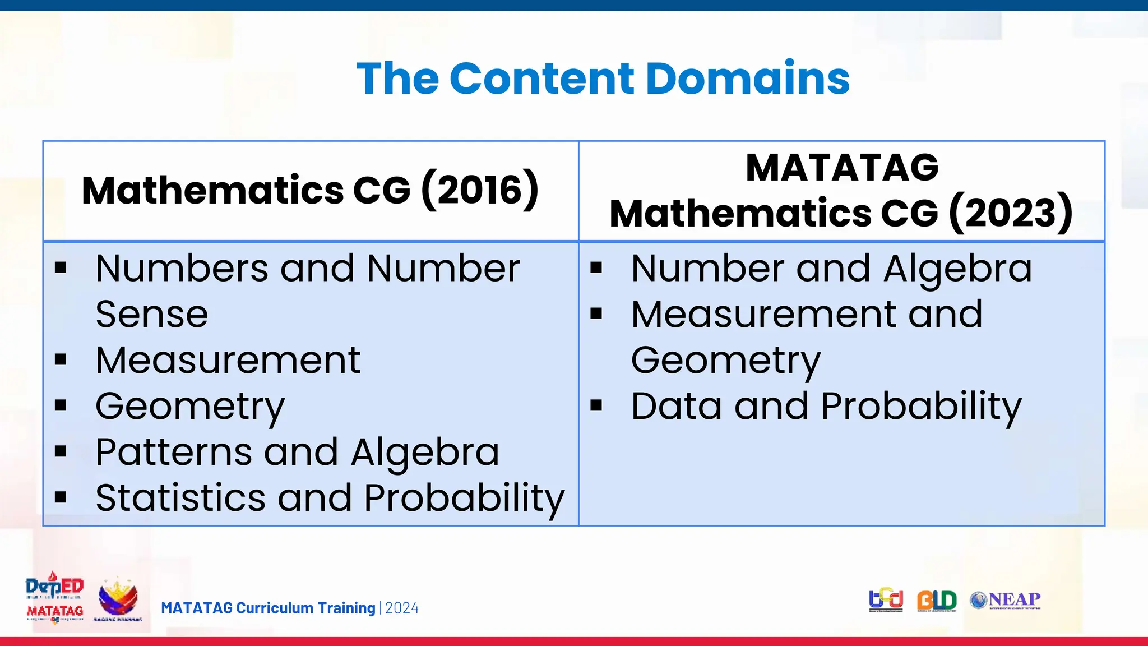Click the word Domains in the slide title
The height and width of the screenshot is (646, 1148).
748,79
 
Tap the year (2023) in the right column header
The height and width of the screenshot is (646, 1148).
1011,214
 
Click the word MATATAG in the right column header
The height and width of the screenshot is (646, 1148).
842,168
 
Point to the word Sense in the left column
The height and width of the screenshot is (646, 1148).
152,314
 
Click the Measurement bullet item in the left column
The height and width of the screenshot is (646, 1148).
228,360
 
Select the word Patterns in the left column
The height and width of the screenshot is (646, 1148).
174,452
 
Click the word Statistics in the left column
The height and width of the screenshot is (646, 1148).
180,498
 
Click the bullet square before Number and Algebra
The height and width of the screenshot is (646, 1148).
596,268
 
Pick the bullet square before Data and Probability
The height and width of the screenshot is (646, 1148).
596,405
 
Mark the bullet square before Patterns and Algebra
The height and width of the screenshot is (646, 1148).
61,451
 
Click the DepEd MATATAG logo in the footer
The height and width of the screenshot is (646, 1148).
54,598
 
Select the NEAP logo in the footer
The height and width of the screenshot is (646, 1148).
1006,600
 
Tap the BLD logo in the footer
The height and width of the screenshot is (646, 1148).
937,601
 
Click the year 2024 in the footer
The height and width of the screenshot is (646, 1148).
402,608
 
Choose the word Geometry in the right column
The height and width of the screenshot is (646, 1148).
726,361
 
